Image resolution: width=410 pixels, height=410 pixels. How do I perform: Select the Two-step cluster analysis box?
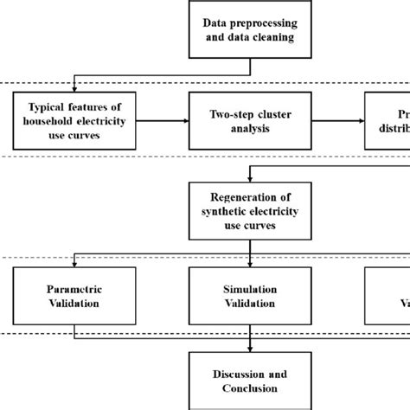tap(250, 121)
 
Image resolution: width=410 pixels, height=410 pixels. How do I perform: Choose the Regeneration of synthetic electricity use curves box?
tap(250, 211)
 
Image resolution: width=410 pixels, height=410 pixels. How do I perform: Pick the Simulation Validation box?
tap(250, 296)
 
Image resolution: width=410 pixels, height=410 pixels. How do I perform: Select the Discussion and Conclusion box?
tap(250, 380)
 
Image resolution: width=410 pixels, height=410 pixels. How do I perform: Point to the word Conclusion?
tap(250, 388)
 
